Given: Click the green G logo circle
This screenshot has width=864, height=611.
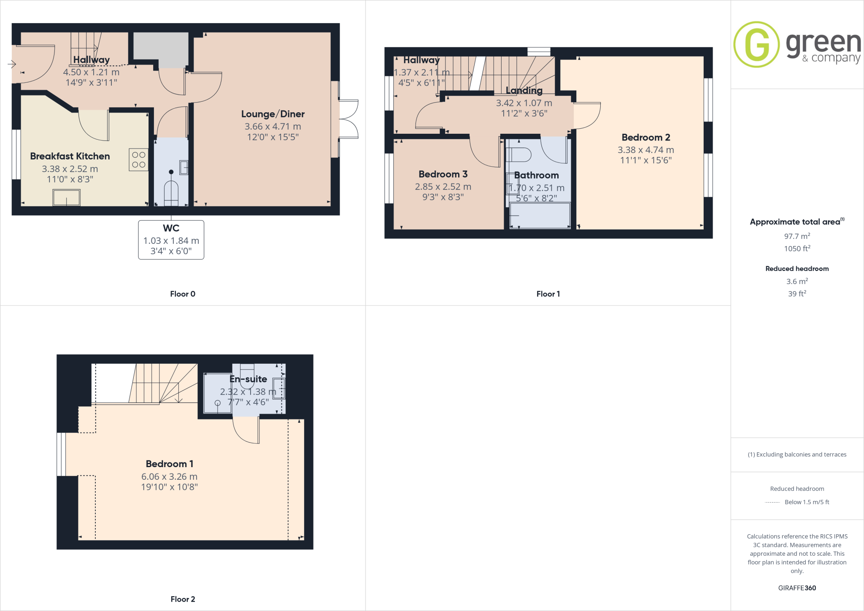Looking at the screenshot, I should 756,44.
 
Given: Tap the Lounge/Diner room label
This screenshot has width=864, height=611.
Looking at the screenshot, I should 273,114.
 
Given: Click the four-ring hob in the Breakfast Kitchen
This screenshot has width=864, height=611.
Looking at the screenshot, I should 138,160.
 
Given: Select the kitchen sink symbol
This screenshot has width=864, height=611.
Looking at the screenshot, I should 66,197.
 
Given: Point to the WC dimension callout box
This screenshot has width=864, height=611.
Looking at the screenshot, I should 171,240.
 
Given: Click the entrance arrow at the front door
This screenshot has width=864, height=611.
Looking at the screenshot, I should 12,64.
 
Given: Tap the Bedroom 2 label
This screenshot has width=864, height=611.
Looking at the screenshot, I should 645,138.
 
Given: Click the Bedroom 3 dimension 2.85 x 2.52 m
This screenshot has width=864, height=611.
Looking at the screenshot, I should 443,187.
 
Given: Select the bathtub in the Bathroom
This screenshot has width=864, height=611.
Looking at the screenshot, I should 540,216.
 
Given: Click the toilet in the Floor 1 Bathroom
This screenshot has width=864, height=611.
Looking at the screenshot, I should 519,155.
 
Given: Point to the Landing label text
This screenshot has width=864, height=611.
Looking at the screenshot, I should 524,90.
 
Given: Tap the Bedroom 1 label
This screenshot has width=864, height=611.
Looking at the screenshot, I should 169,464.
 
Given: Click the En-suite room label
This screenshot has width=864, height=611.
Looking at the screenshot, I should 248,379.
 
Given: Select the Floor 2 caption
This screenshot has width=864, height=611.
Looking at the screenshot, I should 183,599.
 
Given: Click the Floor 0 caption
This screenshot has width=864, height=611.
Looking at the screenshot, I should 183,294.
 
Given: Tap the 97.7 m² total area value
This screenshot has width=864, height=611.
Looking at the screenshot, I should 797,236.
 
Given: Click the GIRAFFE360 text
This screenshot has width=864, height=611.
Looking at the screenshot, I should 797,588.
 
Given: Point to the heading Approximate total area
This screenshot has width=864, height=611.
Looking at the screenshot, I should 795,222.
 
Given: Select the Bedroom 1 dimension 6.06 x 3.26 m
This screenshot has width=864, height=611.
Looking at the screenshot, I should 169,476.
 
